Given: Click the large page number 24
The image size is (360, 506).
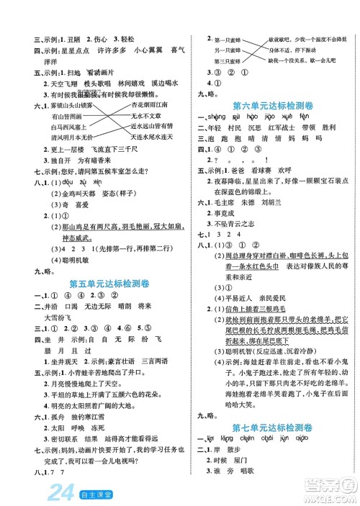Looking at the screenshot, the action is pyautogui.click(x=36, y=492).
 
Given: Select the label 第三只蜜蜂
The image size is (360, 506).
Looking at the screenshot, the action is pyautogui.click(x=222, y=60).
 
